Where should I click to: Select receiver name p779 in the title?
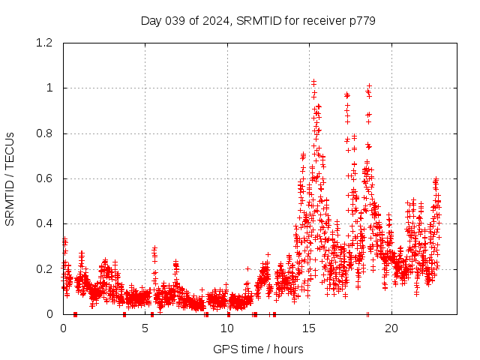coord(361,20)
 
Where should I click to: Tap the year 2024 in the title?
coord(214,20)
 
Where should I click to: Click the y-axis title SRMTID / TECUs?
coord(10,178)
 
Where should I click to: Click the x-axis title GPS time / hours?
coord(258,349)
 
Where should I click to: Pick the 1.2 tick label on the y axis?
coord(44,43)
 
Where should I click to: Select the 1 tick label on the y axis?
coord(49,88)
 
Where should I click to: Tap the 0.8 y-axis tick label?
coord(44,133)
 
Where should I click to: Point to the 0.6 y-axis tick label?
coord(44,178)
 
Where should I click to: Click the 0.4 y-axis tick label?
coord(44,223)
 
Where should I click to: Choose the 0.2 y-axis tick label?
coord(44,269)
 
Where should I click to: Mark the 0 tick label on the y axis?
coord(49,314)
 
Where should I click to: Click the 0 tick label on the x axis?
coord(63,328)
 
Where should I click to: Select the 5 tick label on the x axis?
coord(145,328)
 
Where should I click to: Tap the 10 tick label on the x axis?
coord(227,328)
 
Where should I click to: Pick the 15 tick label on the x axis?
coord(310,328)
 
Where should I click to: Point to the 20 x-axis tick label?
coord(391,328)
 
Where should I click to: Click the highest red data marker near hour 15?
coord(313,80)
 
